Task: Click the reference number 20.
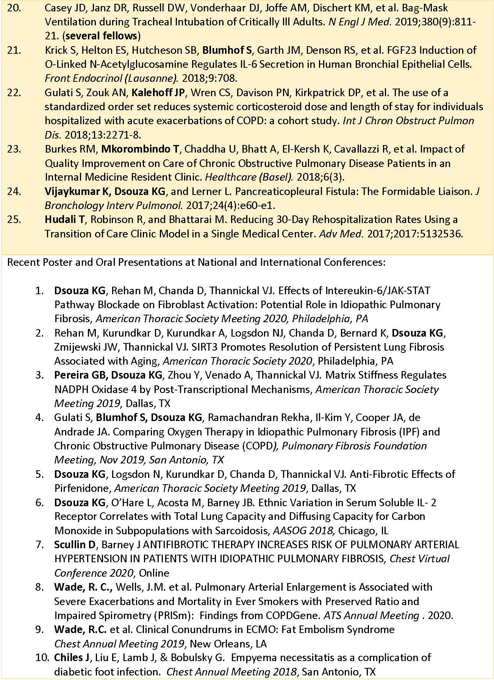click(x=14, y=8)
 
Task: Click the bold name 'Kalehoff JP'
click(x=158, y=93)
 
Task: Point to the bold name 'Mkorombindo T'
click(x=140, y=149)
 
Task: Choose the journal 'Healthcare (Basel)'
click(x=249, y=177)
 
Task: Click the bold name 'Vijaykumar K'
click(x=77, y=192)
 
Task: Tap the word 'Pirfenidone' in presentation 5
click(x=83, y=488)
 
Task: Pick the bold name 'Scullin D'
click(x=75, y=545)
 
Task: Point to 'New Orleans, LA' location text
click(x=228, y=644)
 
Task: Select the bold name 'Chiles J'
click(x=69, y=658)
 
